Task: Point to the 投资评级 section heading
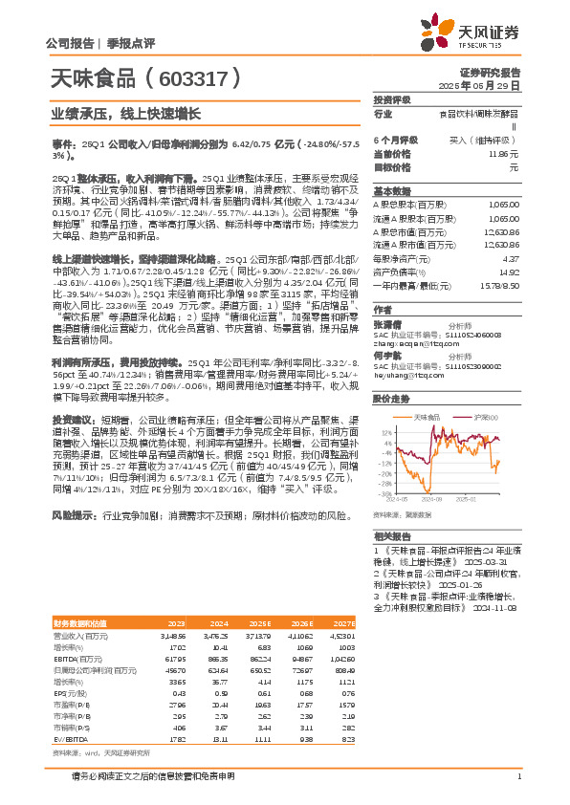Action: [x=392, y=99]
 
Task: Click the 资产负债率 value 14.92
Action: [x=509, y=271]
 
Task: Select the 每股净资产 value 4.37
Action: [x=511, y=258]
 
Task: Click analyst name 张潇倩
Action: [x=386, y=324]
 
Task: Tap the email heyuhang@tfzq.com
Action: [x=406, y=377]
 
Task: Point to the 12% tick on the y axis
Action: [x=385, y=431]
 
